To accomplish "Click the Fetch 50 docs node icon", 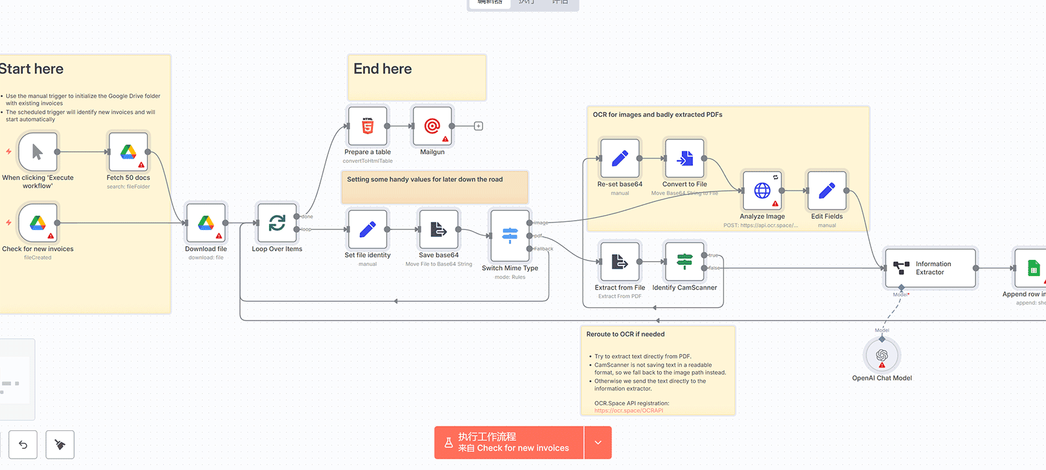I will (128, 152).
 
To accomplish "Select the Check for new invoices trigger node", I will (38, 223).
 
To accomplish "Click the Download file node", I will (206, 223).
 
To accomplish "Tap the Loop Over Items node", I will (277, 223).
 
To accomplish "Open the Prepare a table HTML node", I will (368, 126).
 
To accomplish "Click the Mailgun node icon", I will (432, 126).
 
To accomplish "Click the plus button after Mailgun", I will (478, 126).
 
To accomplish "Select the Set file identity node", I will (368, 229).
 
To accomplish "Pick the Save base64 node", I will (439, 229).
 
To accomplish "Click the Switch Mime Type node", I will (510, 236).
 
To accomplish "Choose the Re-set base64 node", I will (620, 159).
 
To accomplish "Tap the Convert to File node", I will (685, 159).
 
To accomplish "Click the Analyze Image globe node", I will (762, 191).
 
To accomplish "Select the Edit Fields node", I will (827, 191).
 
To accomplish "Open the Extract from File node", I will (620, 262).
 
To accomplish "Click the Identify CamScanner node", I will (685, 262).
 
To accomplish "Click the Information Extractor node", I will (930, 268).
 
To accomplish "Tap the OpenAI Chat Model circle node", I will (882, 356).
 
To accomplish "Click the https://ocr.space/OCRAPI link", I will (629, 410).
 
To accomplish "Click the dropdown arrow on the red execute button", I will (598, 443).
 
